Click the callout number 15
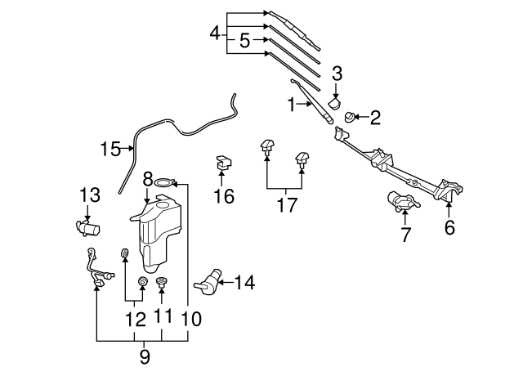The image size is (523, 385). (110, 149)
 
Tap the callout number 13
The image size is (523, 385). (89, 195)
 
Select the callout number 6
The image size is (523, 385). (449, 228)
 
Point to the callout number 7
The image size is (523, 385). (405, 235)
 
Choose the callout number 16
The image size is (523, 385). (224, 196)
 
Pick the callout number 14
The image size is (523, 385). (244, 283)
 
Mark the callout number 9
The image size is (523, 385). (145, 356)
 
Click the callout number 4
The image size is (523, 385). (215, 34)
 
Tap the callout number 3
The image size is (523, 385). (336, 76)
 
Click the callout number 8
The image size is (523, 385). (148, 177)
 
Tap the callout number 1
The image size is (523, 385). (290, 104)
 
